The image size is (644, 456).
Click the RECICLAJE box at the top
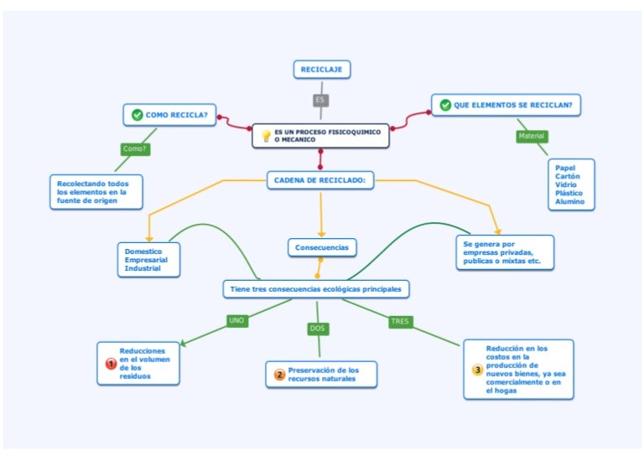click(321, 70)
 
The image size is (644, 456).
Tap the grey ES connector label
click(319, 101)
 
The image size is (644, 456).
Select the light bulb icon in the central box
click(266, 136)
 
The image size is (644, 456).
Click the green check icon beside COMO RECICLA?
click(137, 115)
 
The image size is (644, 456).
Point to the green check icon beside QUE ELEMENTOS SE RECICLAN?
click(444, 106)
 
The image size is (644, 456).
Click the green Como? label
click(135, 149)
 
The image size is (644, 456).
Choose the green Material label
click(532, 136)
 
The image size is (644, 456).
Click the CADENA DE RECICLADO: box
click(320, 179)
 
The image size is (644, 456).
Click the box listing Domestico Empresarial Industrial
click(148, 259)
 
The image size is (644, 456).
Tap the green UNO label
click(237, 320)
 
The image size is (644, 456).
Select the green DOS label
click(317, 329)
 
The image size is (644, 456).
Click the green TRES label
click(400, 321)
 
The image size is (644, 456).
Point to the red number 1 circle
click(111, 364)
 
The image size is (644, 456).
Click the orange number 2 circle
click(279, 375)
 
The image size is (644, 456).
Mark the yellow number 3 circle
click(477, 370)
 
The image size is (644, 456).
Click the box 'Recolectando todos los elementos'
click(95, 191)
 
